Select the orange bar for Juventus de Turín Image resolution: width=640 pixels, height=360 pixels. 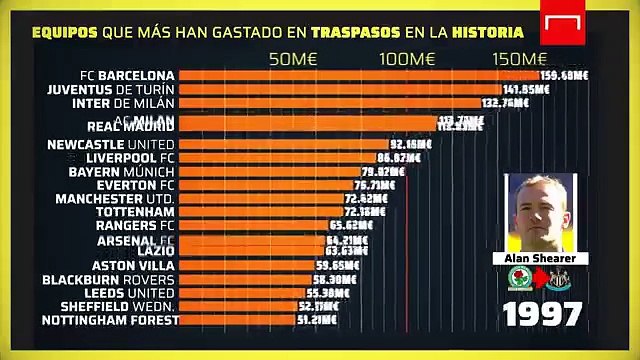pos(340,89)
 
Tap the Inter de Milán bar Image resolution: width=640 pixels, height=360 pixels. pos(330,103)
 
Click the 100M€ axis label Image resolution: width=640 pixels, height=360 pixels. pos(408,59)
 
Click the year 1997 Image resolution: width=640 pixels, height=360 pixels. pos(542,313)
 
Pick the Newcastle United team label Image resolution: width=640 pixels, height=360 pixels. pos(112,144)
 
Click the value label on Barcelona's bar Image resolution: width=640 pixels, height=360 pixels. pos(564,75)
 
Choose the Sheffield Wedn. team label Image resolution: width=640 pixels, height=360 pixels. pos(118,306)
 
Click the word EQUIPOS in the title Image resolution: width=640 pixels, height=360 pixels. pos(65,32)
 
